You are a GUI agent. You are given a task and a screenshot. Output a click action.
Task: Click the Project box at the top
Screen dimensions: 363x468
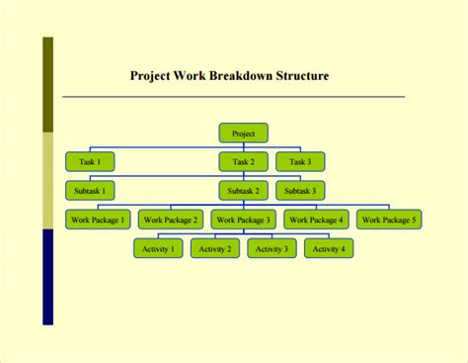[243, 133]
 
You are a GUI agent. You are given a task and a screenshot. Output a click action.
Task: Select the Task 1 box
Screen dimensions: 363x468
[90, 161]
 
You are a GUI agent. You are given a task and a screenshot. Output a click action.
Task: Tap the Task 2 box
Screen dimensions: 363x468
[243, 161]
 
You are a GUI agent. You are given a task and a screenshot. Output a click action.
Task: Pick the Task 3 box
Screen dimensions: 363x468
[300, 161]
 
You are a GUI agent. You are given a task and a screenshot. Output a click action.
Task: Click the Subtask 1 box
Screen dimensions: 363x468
[90, 190]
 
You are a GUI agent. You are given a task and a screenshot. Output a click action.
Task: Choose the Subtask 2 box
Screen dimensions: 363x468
[243, 190]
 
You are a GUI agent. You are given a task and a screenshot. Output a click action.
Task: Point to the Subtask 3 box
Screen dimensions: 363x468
[300, 190]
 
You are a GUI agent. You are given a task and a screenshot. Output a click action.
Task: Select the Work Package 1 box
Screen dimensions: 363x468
[98, 220]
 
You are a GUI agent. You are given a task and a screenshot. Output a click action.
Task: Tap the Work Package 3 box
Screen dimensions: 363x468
[243, 220]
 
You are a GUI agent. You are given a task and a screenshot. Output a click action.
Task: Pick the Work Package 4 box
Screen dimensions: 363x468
[316, 220]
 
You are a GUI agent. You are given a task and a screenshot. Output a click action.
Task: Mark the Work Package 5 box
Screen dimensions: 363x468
[389, 220]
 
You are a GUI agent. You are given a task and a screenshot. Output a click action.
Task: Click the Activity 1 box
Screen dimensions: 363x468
[158, 249]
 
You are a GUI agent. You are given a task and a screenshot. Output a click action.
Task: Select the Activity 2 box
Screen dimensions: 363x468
[214, 249]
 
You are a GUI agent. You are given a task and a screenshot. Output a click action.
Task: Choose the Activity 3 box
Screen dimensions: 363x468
[272, 249]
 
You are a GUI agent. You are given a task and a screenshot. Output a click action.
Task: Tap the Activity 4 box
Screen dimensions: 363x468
[329, 249]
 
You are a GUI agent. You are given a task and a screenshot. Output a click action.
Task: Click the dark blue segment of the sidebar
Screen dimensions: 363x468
[47, 276]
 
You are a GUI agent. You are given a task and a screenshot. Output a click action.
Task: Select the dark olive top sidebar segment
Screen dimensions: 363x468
[47, 85]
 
